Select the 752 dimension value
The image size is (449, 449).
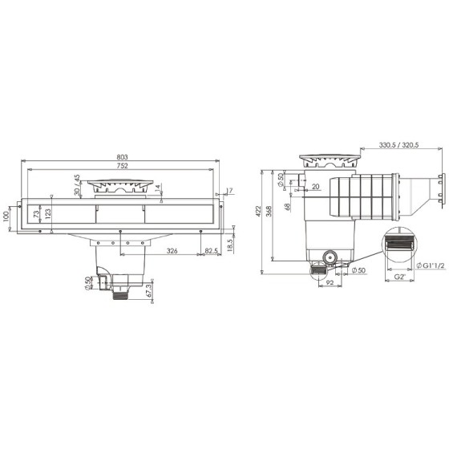click(122, 167)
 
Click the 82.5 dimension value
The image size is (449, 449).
click(210, 252)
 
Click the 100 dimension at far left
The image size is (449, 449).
click(8, 216)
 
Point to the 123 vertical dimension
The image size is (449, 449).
click(50, 214)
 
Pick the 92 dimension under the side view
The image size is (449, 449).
click(330, 283)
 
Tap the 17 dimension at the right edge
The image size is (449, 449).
click(229, 190)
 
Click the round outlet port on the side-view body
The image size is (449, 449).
click(328, 259)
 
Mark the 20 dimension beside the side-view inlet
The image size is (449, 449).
click(315, 187)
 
